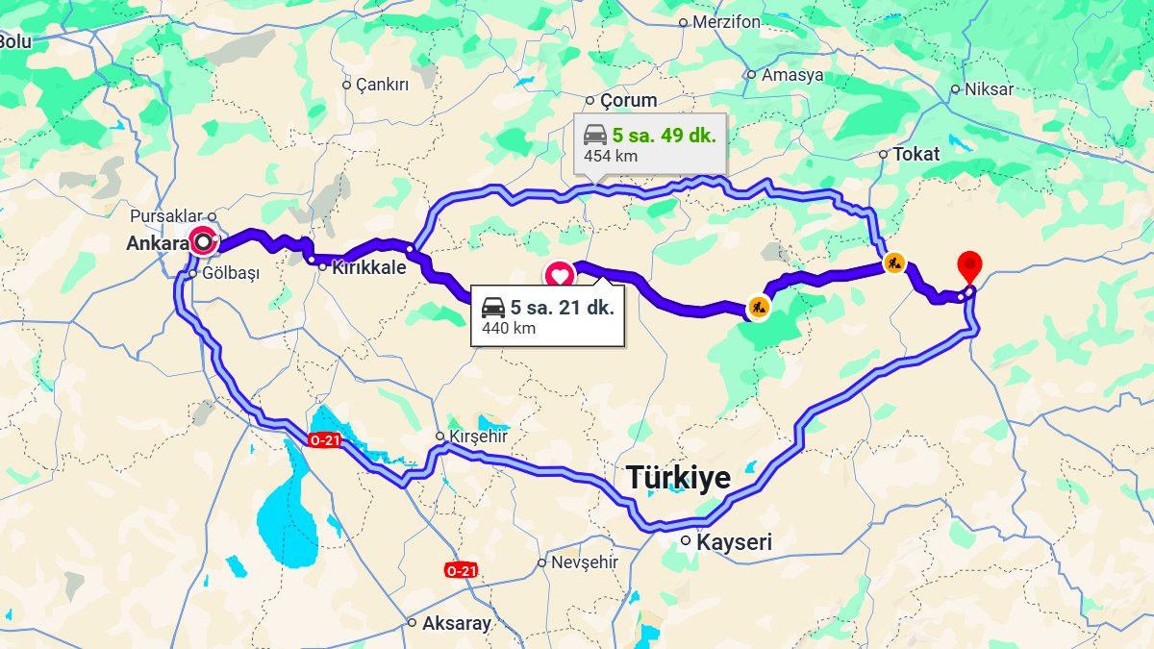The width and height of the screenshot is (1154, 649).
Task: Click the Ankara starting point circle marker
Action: click(x=203, y=240)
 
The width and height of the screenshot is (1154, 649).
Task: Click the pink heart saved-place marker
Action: click(x=559, y=274)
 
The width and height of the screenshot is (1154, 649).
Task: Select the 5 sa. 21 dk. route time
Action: click(x=562, y=308)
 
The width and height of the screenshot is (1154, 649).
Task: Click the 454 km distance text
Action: click(x=611, y=156)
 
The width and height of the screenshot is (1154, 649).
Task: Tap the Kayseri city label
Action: click(x=734, y=542)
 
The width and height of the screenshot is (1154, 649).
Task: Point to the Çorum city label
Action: click(x=628, y=100)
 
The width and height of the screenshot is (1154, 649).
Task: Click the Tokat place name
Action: click(x=916, y=154)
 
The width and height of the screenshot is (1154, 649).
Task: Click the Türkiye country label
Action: click(x=678, y=477)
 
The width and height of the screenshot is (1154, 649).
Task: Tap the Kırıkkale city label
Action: click(x=367, y=268)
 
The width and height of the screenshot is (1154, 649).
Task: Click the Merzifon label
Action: click(x=726, y=22)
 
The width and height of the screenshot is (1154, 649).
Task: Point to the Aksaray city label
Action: click(x=456, y=623)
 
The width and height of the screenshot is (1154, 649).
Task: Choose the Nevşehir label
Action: click(x=583, y=562)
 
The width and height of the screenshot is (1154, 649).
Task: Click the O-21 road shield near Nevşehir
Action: click(x=462, y=570)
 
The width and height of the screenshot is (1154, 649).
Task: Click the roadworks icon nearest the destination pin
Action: click(x=894, y=262)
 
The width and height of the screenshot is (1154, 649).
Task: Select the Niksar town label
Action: click(x=989, y=88)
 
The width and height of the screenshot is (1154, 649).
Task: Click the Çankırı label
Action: click(x=382, y=85)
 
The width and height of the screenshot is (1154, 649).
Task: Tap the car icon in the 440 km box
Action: click(x=493, y=308)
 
